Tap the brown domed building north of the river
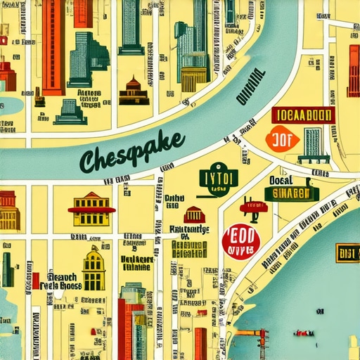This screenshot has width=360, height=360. click(x=134, y=91)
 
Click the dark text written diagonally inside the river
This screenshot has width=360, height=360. click(x=250, y=89)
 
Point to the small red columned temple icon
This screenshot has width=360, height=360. click(x=194, y=214)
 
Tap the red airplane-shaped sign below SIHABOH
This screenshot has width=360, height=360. click(x=253, y=207)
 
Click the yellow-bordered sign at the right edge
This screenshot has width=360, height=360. click(x=347, y=252)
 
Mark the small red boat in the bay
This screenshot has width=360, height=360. click(x=304, y=331)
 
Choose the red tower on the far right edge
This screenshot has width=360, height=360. click(x=353, y=70)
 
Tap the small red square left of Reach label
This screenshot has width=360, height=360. click(x=35, y=281)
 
